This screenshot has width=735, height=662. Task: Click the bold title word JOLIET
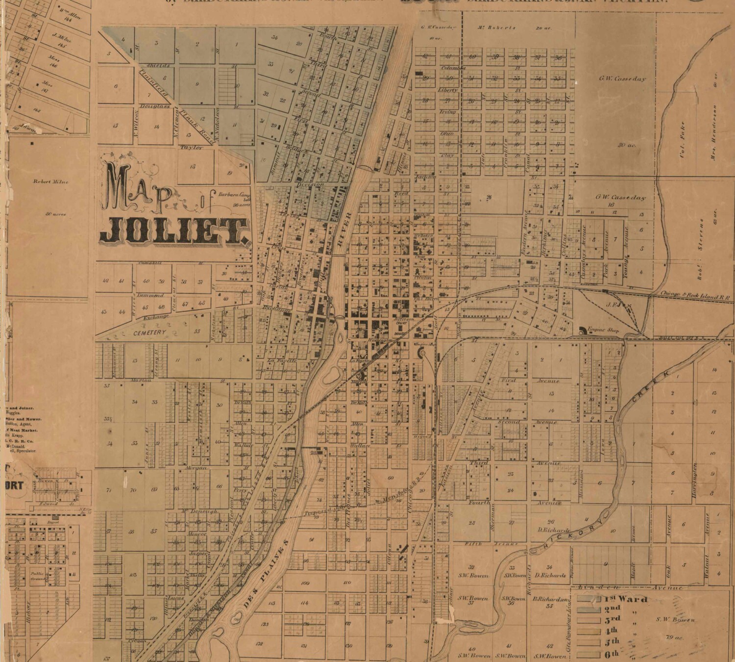pyautogui.click(x=172, y=231)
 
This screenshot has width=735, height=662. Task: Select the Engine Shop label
pyautogui.click(x=604, y=330)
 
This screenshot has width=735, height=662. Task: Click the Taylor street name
pyautogui.click(x=191, y=147)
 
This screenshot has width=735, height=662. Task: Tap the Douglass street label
pyautogui.click(x=154, y=106)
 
